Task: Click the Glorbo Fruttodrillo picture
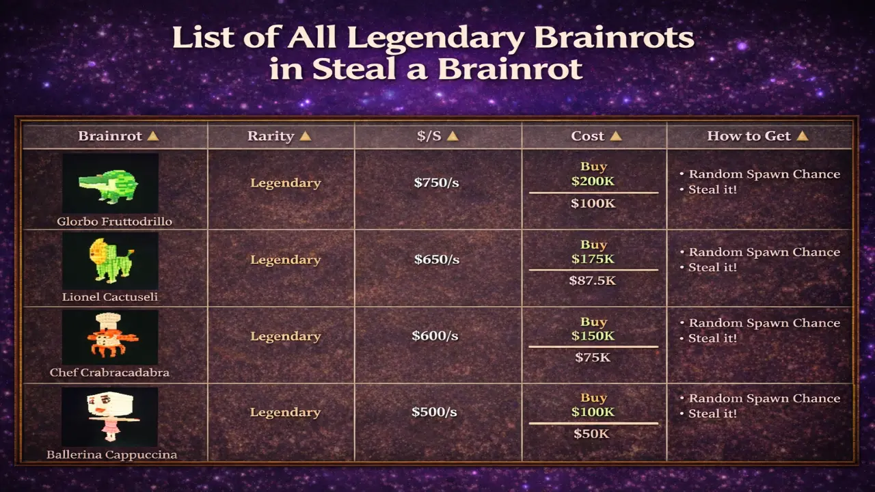coord(110,183)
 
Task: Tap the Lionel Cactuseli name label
coord(110,297)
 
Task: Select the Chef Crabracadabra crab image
coord(110,336)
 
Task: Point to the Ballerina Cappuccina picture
coord(110,416)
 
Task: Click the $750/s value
coord(436,182)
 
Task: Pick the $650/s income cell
coord(436,260)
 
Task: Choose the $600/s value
coord(435,336)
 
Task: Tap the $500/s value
coord(434,412)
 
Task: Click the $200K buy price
coord(593,181)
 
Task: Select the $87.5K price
coord(593,280)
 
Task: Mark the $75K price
coord(593,357)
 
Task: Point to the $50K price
coord(593,433)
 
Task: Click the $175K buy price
coord(593,259)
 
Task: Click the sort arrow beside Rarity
coord(305,136)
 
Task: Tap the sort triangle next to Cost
coord(615,136)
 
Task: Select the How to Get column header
coord(749,136)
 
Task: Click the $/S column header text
coord(429,136)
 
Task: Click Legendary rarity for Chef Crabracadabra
coord(285,336)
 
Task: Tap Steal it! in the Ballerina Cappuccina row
coord(712,413)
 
